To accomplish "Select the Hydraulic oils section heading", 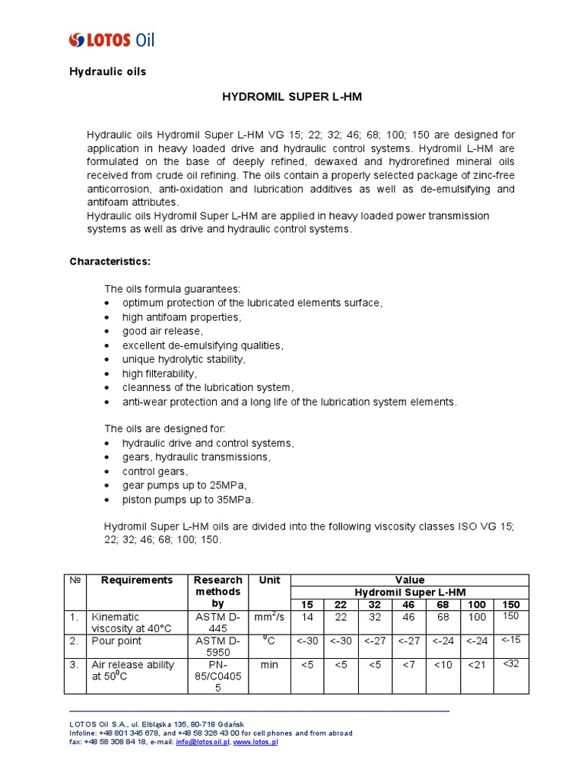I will click(x=107, y=72).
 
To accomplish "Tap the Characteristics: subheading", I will click(x=110, y=262).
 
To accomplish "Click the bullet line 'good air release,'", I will click(x=163, y=331).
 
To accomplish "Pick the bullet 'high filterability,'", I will click(x=160, y=374).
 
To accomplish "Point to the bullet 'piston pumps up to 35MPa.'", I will click(x=188, y=500).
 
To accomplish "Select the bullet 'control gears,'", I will click(x=154, y=471).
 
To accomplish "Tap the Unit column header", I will click(x=269, y=580).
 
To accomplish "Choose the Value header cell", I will click(x=410, y=580).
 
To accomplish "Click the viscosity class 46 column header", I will click(x=408, y=605).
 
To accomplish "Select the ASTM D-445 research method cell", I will click(x=218, y=623).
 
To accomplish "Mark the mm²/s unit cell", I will click(x=269, y=618).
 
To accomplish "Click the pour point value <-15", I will click(x=510, y=640).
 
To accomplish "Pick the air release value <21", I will click(x=476, y=665).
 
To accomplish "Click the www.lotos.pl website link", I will click(x=255, y=742).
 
